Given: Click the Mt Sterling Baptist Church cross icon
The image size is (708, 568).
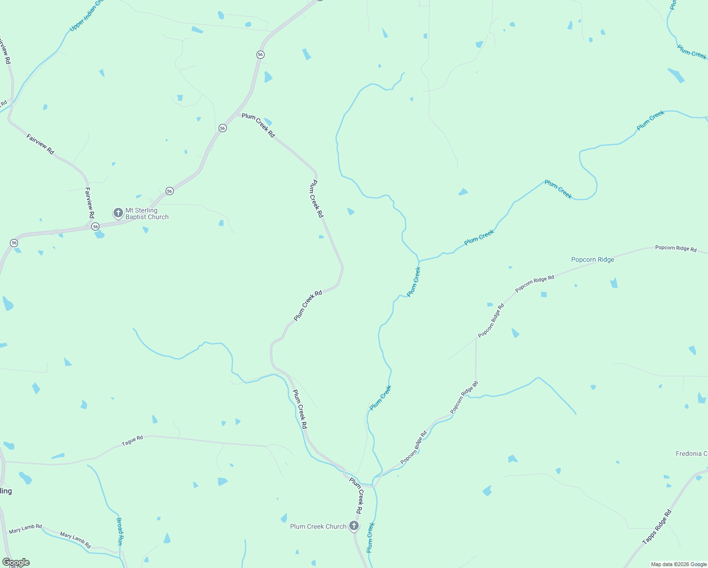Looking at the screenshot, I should pyautogui.click(x=118, y=213).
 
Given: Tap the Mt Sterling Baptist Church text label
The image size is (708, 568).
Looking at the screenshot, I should pyautogui.click(x=147, y=214).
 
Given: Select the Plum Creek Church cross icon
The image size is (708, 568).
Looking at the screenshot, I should pyautogui.click(x=354, y=526).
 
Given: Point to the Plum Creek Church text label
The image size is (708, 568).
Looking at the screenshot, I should pyautogui.click(x=318, y=526).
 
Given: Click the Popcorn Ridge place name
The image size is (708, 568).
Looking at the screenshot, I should pyautogui.click(x=593, y=259).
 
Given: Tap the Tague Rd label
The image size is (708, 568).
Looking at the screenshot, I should pyautogui.click(x=132, y=441).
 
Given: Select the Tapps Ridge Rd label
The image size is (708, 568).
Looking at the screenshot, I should pyautogui.click(x=657, y=527).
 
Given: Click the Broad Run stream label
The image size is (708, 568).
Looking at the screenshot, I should pyautogui.click(x=120, y=532).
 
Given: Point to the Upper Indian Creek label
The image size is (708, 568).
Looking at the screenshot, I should pyautogui.click(x=87, y=16).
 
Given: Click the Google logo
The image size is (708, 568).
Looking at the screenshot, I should pyautogui.click(x=16, y=562).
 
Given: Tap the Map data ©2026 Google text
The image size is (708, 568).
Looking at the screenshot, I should pyautogui.click(x=678, y=564).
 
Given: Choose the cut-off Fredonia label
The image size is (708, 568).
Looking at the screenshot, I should pyautogui.click(x=691, y=453).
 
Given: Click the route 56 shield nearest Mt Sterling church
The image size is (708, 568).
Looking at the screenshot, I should pyautogui.click(x=96, y=227).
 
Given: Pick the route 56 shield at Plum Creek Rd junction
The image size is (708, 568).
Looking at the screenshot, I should pyautogui.click(x=222, y=128).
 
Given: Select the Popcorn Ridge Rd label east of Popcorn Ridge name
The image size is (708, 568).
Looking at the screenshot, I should pyautogui.click(x=675, y=248).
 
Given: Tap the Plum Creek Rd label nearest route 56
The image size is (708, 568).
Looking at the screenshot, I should pyautogui.click(x=258, y=125).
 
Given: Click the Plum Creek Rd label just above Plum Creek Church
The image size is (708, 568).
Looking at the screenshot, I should pyautogui.click(x=356, y=496).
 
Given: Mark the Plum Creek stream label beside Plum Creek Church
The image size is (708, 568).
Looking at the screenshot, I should pyautogui.click(x=370, y=537).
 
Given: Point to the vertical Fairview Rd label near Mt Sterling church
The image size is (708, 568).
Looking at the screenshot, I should pyautogui.click(x=89, y=203).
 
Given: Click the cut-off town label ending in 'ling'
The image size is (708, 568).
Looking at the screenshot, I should pyautogui.click(x=6, y=491).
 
